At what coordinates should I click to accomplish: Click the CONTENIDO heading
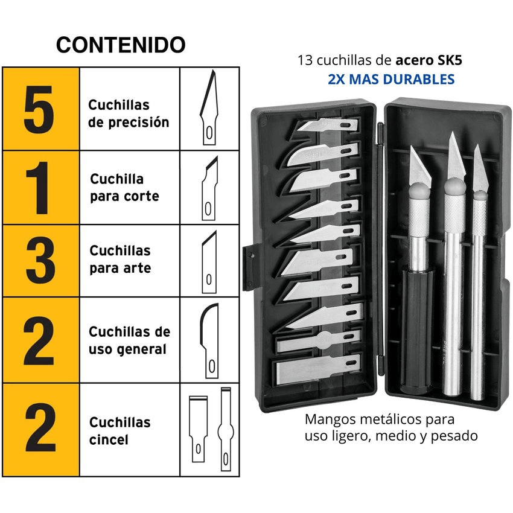[121, 45]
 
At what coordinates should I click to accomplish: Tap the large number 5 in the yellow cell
[40, 109]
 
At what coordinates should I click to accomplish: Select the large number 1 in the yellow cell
[40, 188]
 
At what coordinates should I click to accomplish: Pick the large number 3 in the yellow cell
[40, 261]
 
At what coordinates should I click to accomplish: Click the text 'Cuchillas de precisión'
[129, 113]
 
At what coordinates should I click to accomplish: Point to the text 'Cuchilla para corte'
[124, 188]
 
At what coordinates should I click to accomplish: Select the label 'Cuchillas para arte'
[120, 260]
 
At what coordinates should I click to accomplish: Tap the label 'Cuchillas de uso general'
[129, 340]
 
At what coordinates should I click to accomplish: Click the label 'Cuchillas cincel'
[119, 431]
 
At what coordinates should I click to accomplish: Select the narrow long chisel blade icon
[226, 429]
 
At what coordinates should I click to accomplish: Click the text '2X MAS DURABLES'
[391, 79]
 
